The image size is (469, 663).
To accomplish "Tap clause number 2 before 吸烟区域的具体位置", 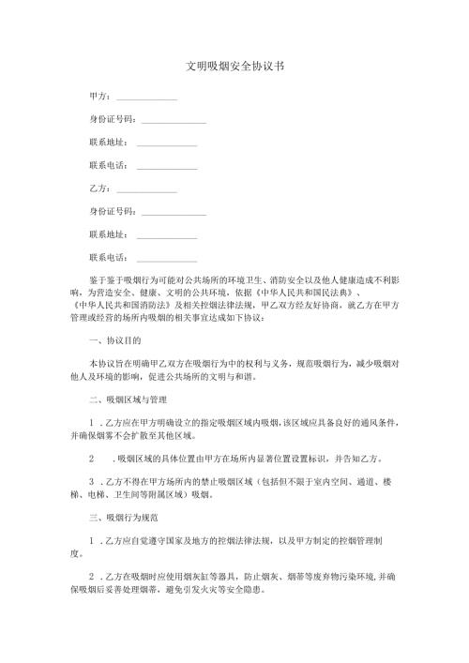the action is click(92, 459).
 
